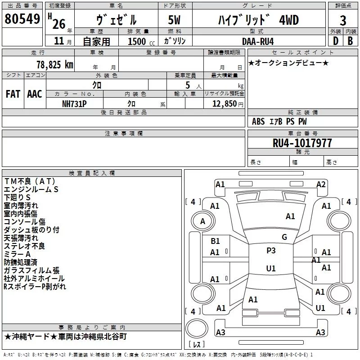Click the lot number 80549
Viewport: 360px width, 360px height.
(x=22, y=18)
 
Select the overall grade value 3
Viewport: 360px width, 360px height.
(x=343, y=20)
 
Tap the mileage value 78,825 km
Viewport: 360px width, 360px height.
(x=55, y=64)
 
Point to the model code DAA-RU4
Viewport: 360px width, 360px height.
(x=258, y=41)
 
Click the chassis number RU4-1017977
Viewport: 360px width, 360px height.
(x=302, y=143)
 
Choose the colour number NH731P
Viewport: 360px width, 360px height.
(x=74, y=104)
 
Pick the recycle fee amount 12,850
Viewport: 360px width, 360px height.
(x=224, y=104)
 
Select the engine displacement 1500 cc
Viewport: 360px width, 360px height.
(x=141, y=41)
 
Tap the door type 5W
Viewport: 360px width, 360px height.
(x=174, y=20)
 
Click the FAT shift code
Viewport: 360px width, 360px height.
(x=13, y=94)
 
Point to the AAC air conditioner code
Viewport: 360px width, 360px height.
(x=35, y=94)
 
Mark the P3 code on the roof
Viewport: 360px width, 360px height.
(x=271, y=250)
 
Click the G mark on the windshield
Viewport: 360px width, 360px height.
(x=284, y=237)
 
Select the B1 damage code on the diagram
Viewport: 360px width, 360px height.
(x=215, y=241)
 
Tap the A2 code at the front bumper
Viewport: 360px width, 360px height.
(x=321, y=184)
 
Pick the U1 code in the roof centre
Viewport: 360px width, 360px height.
(x=271, y=268)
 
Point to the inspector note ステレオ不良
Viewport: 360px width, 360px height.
(x=24, y=246)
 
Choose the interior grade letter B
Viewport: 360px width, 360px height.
(x=350, y=41)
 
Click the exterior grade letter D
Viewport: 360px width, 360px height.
(x=336, y=41)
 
